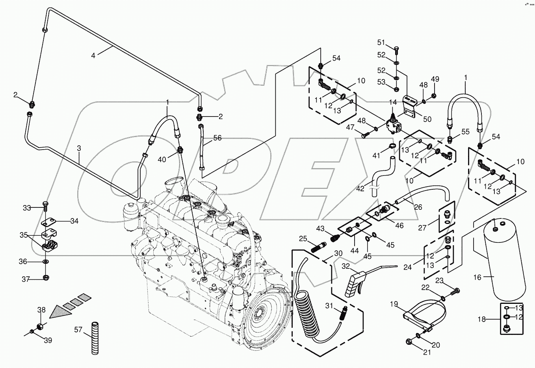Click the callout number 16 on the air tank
(477, 277)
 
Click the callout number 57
(78, 329)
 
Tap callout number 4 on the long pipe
(93, 55)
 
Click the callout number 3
(79, 148)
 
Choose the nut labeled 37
(46, 278)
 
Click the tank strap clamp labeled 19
(422, 315)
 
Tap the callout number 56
(217, 138)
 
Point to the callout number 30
(338, 254)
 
